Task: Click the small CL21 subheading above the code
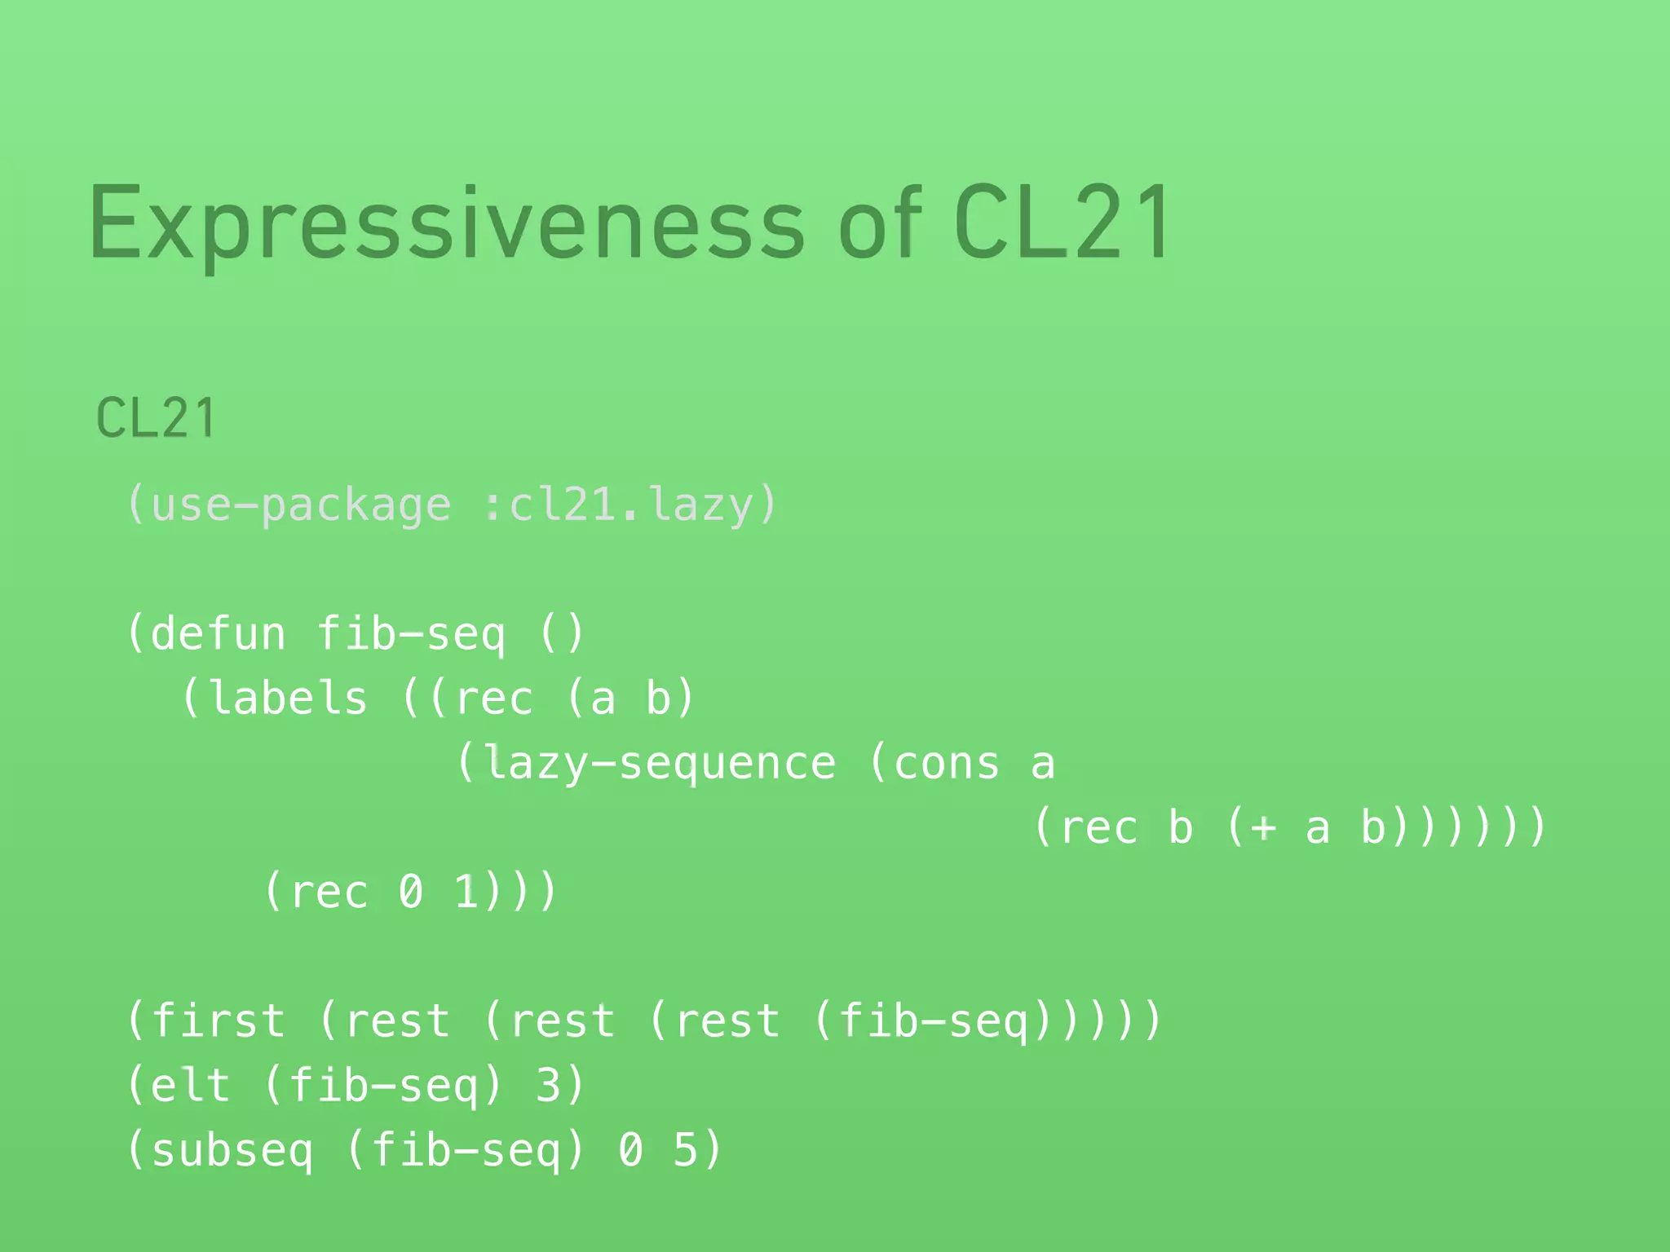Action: click(156, 418)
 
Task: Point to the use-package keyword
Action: click(300, 505)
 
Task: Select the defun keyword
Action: click(219, 634)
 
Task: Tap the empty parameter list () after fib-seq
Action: click(562, 634)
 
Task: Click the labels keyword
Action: click(288, 699)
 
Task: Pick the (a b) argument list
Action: click(630, 699)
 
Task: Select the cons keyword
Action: click(947, 764)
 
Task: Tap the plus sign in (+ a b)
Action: click(1262, 828)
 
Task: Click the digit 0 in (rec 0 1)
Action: click(411, 892)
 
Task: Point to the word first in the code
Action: click(219, 1021)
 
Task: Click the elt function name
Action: click(191, 1086)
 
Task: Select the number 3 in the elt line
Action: click(549, 1086)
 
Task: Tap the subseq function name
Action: click(232, 1150)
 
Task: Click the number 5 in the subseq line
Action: click(686, 1150)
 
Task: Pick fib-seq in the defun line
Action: click(411, 634)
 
